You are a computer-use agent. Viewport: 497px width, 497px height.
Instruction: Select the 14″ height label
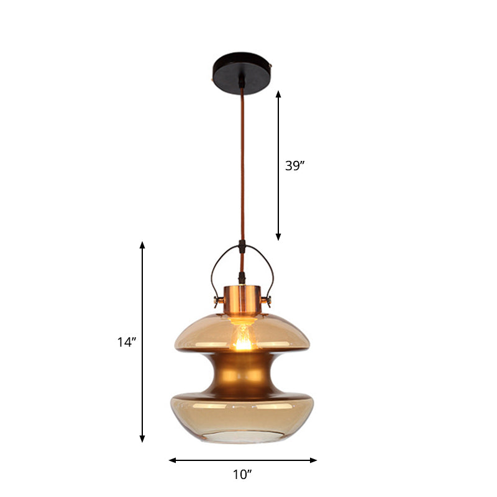point(126,341)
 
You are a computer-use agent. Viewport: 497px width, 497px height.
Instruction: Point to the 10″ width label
point(243,475)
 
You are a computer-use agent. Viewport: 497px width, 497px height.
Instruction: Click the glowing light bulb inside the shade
point(242,339)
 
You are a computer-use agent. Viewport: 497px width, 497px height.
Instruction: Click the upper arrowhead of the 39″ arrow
point(278,94)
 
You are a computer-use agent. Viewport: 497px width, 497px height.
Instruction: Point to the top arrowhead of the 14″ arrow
point(142,245)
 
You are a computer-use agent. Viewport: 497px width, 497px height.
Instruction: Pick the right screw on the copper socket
point(270,303)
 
